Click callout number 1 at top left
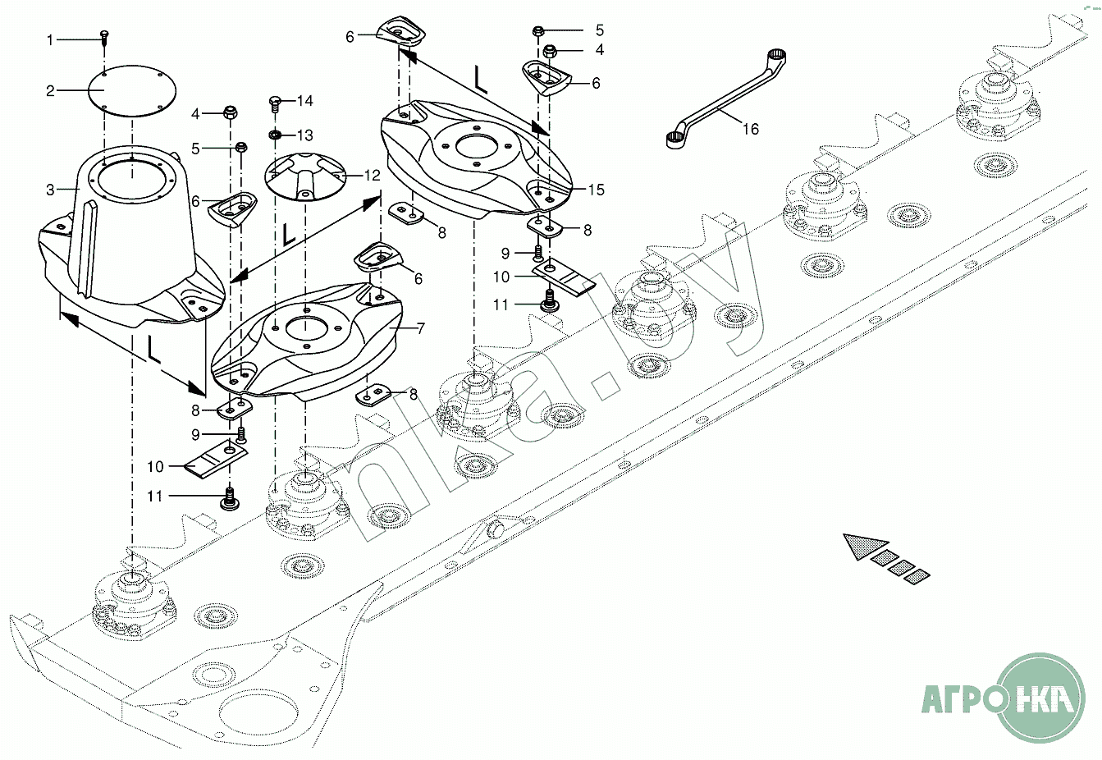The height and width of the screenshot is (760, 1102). [x=50, y=39]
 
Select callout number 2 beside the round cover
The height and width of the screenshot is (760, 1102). [x=50, y=91]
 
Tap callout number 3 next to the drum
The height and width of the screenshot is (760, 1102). [x=50, y=190]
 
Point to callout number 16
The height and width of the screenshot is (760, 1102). [x=751, y=129]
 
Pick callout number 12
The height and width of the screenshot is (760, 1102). [x=373, y=176]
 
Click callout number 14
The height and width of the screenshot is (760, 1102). [x=305, y=101]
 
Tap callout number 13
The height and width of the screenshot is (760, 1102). [x=305, y=135]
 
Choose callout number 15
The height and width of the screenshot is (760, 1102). [x=596, y=190]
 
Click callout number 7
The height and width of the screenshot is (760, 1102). [x=421, y=329]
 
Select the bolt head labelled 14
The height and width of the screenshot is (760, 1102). [x=277, y=103]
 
